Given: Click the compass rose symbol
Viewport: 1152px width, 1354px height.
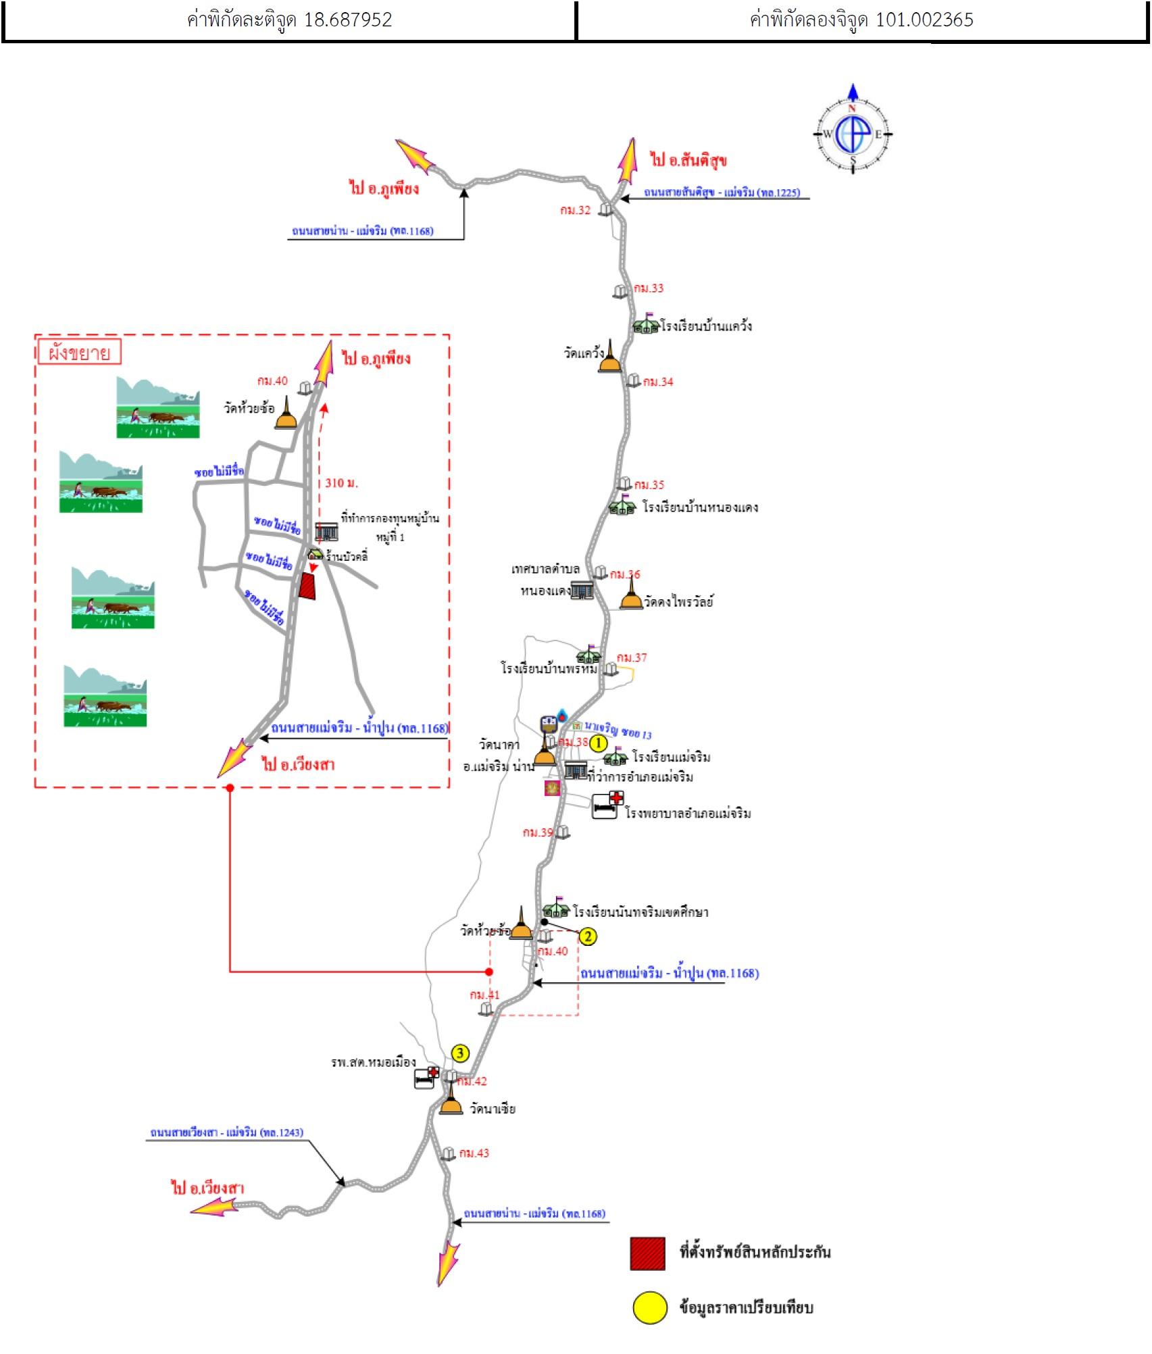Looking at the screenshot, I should click(853, 133).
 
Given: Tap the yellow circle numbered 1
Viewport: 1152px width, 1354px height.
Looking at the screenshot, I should click(599, 743).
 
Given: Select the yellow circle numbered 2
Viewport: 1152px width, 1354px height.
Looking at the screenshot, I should click(588, 936).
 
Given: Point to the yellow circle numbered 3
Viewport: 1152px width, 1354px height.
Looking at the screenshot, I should click(460, 1053).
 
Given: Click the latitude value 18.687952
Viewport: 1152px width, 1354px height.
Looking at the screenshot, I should click(348, 20).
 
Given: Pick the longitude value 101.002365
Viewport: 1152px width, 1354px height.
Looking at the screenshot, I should click(924, 20).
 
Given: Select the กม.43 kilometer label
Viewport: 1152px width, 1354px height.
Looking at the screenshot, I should click(474, 1153).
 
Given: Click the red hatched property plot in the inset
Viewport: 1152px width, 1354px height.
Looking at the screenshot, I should click(308, 586).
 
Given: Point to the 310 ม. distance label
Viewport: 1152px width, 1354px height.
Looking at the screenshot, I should click(341, 483).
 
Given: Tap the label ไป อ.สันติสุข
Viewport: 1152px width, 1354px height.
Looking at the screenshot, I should click(688, 160).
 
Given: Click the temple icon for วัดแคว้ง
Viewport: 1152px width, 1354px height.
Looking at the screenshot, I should click(610, 358).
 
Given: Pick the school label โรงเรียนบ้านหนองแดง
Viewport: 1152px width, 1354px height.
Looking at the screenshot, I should click(700, 507).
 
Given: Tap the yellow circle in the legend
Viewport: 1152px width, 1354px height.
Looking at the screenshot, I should click(649, 1307).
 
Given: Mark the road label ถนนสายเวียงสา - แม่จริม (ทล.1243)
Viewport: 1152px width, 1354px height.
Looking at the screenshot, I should click(226, 1132).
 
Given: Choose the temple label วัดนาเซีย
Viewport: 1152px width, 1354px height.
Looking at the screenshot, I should click(493, 1109).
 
